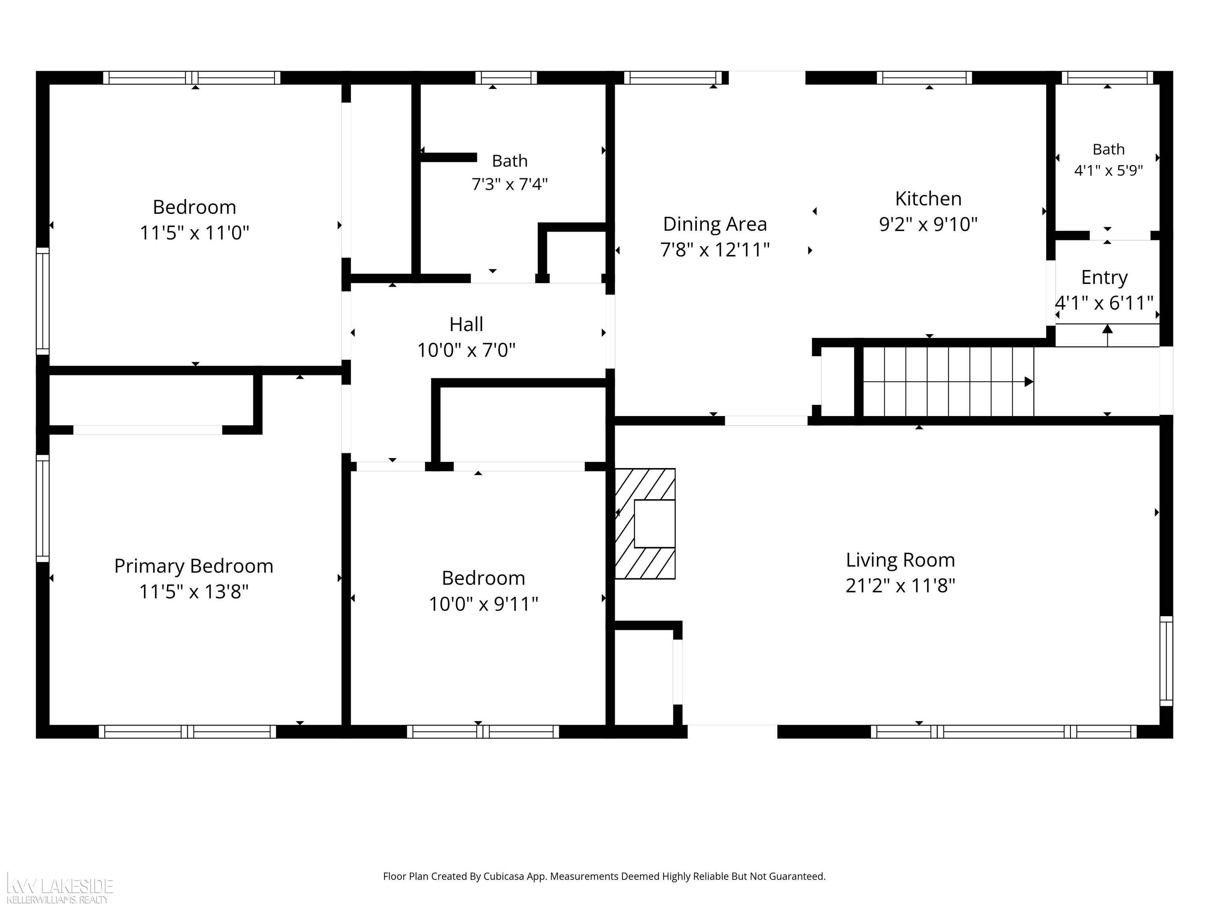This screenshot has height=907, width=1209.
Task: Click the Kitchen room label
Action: [x=928, y=198]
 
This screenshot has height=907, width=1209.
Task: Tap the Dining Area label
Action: [x=715, y=224]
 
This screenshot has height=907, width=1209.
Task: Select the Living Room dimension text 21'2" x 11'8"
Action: [x=900, y=585]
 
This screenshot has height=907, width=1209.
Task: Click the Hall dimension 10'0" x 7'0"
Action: [x=466, y=350]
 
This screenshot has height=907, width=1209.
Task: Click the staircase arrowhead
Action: [x=1029, y=381]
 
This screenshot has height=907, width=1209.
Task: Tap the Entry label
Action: [x=1104, y=278]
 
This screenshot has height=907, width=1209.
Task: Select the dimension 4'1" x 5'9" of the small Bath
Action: [x=1108, y=170]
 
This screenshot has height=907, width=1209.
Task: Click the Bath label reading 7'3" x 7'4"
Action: [x=509, y=184]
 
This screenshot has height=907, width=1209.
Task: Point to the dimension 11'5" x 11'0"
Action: [x=194, y=233]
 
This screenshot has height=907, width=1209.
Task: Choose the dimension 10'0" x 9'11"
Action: [x=483, y=604]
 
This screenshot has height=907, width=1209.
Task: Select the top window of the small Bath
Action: [x=1107, y=78]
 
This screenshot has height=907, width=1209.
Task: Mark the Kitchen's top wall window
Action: [x=924, y=78]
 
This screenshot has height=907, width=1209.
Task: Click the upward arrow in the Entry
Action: [x=1107, y=335]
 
